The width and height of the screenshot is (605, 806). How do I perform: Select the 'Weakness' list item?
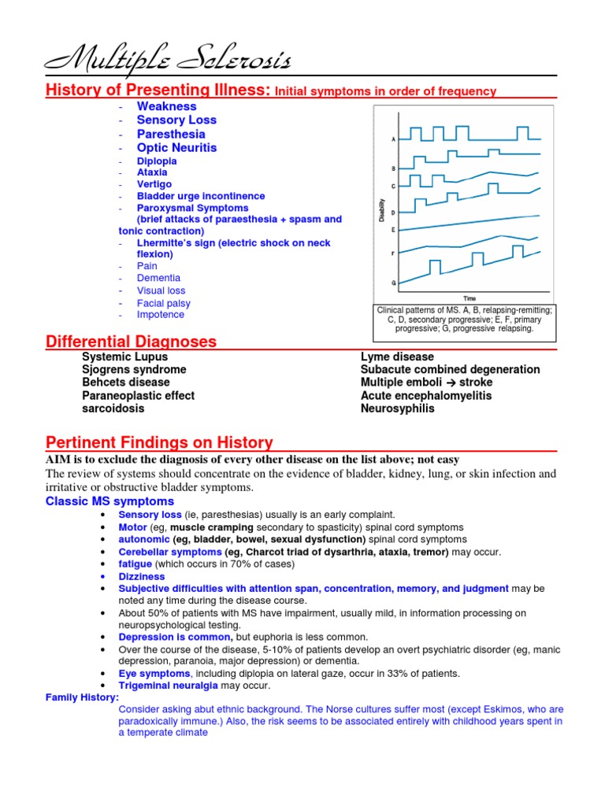[x=166, y=106]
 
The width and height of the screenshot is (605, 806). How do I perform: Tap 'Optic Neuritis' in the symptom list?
[x=176, y=148]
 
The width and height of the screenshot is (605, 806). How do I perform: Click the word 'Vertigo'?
[x=154, y=184]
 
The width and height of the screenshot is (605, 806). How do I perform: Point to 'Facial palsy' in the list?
[x=163, y=303]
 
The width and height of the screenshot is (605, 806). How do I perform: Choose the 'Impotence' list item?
[x=160, y=315]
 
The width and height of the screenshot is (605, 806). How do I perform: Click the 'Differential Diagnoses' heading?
[x=131, y=342]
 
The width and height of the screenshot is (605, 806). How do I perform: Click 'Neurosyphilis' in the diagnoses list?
[x=397, y=409]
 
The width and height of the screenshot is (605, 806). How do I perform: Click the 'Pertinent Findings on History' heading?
[x=159, y=442]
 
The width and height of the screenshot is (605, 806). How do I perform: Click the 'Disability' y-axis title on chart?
[x=384, y=210]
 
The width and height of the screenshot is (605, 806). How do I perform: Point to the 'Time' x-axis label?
[x=470, y=298]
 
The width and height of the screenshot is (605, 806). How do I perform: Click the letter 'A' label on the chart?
[x=394, y=139]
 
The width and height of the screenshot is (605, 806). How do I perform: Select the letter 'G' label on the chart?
[x=394, y=282]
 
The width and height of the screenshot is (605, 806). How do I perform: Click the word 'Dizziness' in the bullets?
[x=142, y=577]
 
